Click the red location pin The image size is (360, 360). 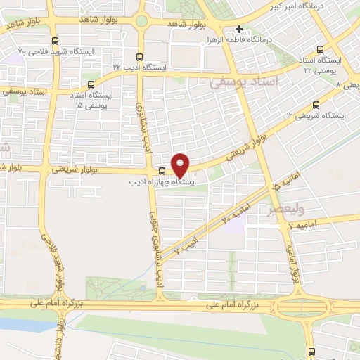[x=181, y=165]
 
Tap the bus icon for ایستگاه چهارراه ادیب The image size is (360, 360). [x=162, y=171]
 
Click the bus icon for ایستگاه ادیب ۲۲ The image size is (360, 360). [x=139, y=57]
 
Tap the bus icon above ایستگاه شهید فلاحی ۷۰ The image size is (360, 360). [x=56, y=41]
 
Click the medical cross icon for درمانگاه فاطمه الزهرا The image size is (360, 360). [x=240, y=30]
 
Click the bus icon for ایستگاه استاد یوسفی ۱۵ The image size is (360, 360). [x=90, y=84]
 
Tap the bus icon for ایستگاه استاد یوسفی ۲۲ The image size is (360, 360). [x=321, y=50]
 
